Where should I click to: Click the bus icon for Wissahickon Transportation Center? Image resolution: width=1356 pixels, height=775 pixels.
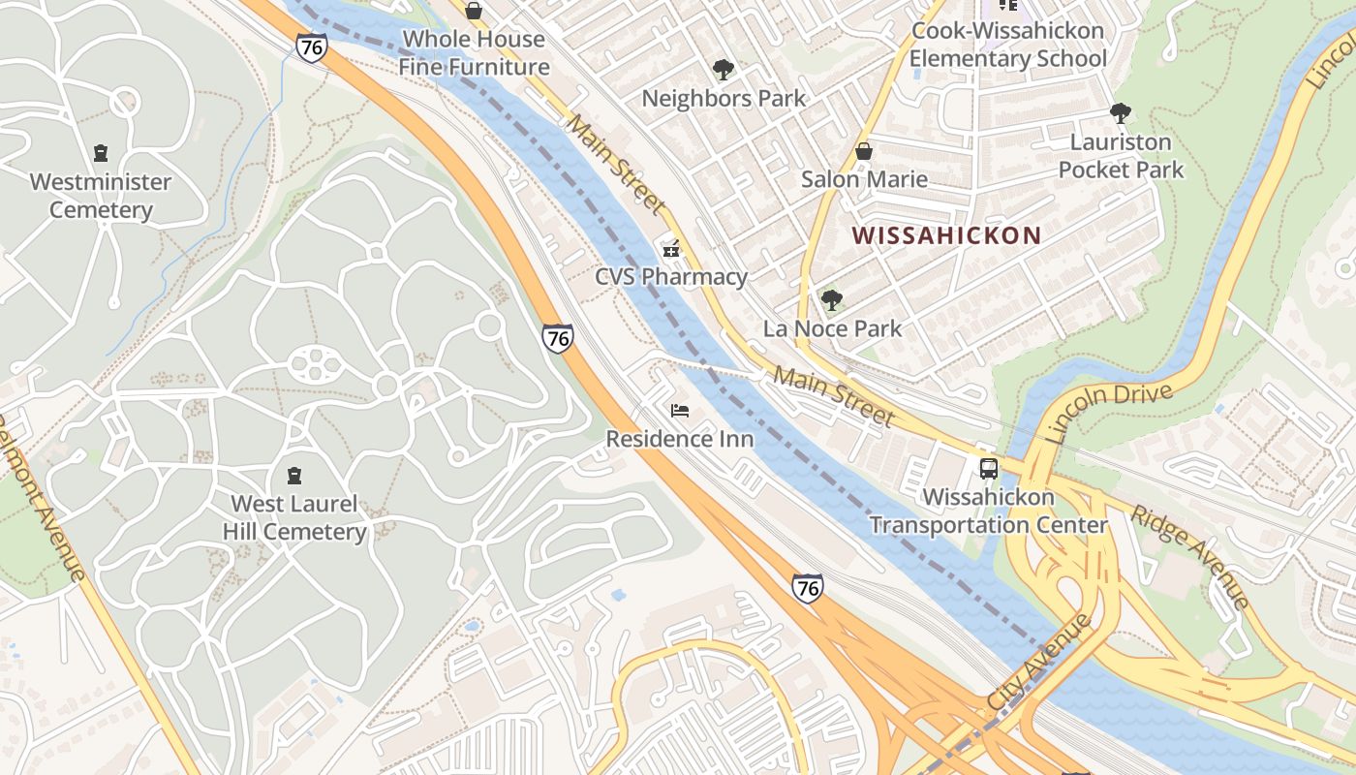[988, 469]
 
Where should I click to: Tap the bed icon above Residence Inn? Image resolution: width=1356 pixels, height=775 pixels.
[680, 411]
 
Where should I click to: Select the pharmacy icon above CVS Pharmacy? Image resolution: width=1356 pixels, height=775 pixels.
[670, 249]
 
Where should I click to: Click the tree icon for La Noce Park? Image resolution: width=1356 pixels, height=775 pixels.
[831, 300]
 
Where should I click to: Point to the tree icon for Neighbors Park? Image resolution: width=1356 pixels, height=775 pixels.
[723, 70]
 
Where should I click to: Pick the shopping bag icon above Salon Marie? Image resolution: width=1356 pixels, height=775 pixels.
[864, 151]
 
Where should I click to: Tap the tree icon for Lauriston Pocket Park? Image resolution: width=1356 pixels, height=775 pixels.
[1121, 113]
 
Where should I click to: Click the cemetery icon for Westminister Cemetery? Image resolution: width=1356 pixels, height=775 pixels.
[100, 153]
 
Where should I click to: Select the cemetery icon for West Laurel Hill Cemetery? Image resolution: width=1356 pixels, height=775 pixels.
[294, 475]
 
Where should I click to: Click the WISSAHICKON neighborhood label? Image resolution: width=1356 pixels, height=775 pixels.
[946, 235]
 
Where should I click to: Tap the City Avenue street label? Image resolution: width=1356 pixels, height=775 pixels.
[1038, 662]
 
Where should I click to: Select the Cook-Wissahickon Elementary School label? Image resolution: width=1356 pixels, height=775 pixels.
[1007, 45]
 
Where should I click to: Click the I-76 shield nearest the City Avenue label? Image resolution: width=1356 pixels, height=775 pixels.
[807, 587]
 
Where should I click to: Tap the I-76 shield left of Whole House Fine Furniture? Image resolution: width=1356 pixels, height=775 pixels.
[311, 47]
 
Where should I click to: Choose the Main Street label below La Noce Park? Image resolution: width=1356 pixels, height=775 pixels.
[833, 396]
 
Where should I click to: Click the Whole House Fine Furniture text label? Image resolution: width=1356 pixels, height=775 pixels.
[474, 53]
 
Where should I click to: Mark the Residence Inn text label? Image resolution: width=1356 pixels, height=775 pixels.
[679, 439]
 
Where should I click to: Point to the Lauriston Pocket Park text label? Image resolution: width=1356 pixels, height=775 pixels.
[1121, 156]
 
